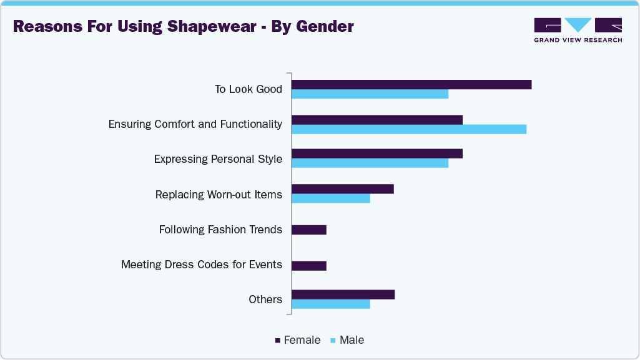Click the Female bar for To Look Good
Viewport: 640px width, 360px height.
click(x=411, y=84)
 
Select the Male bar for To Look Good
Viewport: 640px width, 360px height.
click(x=370, y=94)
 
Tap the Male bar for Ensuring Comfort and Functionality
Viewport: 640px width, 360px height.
click(x=409, y=129)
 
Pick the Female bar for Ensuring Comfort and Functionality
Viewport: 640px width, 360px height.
click(x=377, y=119)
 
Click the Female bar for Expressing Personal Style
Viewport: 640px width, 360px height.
click(x=377, y=153)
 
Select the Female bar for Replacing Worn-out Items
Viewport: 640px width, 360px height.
click(x=343, y=189)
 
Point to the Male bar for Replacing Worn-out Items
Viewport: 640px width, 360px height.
click(x=331, y=198)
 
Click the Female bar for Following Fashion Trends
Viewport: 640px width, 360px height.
click(x=309, y=230)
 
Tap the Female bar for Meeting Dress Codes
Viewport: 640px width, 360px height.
click(x=309, y=265)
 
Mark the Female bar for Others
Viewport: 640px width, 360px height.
click(x=343, y=294)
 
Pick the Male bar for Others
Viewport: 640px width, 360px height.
click(x=331, y=304)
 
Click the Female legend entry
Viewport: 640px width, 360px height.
click(x=298, y=340)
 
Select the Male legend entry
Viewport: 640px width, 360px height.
click(x=347, y=340)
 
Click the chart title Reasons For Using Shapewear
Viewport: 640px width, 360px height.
click(x=183, y=27)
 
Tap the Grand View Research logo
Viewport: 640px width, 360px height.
click(x=578, y=30)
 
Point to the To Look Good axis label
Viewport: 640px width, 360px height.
click(x=248, y=89)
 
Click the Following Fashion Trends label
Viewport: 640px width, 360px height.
click(x=220, y=230)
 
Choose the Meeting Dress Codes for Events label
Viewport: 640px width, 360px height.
click(x=201, y=265)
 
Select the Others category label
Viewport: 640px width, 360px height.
click(x=265, y=299)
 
